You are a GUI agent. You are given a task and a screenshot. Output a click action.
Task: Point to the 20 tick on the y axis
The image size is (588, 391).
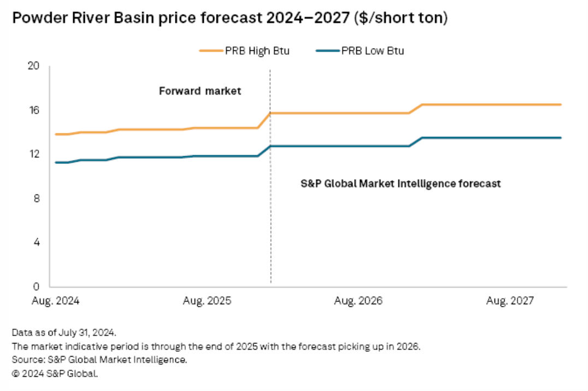point(34,66)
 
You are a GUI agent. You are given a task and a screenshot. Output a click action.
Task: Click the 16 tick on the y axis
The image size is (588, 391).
point(34,110)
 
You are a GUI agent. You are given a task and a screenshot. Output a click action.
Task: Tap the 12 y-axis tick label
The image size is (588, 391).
point(34,154)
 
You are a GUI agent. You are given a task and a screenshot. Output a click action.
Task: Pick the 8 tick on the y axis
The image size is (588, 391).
point(36,198)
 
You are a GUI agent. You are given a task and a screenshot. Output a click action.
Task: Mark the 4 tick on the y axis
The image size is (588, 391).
point(36,242)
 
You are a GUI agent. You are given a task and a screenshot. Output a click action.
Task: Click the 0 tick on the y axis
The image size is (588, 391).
point(36,286)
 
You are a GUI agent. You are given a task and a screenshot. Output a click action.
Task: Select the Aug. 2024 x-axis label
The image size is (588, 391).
point(57,301)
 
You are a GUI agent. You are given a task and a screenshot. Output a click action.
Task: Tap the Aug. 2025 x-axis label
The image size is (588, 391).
point(207,301)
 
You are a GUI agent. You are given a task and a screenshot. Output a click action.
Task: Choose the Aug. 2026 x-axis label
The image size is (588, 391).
point(358,301)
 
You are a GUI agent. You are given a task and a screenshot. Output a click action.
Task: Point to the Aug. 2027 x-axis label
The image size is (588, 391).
point(510,301)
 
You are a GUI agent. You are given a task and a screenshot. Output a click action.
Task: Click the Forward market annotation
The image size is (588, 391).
point(200,91)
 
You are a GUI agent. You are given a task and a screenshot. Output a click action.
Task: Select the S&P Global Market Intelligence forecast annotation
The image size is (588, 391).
point(401,183)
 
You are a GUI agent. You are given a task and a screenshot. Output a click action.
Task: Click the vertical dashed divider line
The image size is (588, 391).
point(271,218)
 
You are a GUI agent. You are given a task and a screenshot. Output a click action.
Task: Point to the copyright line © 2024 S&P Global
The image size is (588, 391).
point(54,374)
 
